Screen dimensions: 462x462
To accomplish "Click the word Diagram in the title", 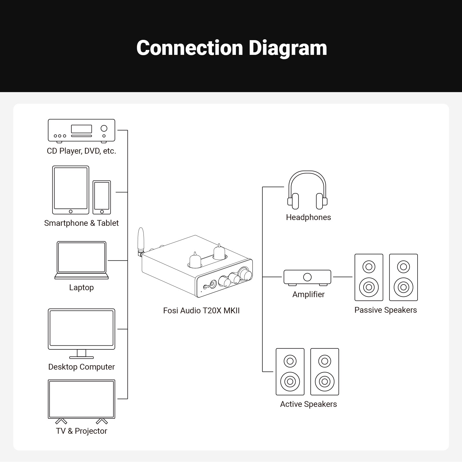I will click(288, 48).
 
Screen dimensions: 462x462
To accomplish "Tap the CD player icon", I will click(81, 131).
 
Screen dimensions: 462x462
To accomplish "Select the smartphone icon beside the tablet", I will click(102, 197).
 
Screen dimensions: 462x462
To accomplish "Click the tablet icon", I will click(71, 190).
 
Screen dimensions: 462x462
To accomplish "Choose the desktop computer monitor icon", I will click(81, 332).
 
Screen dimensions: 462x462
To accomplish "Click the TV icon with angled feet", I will click(81, 400).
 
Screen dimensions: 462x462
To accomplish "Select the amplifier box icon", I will click(307, 277).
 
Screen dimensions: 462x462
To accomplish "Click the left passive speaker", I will click(369, 277).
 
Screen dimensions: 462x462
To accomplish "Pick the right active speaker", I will click(325, 372).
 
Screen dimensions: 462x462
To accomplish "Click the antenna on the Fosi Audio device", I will click(141, 240).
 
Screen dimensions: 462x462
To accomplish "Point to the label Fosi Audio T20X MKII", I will click(201, 311).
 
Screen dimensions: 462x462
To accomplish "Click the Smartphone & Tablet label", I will click(81, 223).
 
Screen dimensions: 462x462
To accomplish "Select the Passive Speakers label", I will click(385, 310).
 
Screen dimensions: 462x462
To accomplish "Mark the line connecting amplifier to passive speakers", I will click(343, 277).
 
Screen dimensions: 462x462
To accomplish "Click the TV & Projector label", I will click(81, 431).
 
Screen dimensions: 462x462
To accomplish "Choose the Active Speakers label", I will click(308, 404).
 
